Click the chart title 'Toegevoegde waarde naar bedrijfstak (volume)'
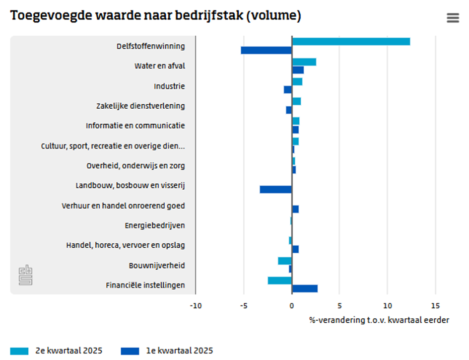155,16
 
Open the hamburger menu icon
453,18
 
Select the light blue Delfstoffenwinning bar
351,42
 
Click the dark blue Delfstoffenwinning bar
266,50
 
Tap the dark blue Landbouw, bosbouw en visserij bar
275,189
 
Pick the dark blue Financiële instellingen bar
305,288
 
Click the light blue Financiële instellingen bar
279,281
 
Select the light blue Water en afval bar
304,62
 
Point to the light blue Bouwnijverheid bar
285,261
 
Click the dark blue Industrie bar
288,89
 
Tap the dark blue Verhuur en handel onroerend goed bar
295,209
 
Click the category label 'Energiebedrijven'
155,225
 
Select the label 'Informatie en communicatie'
135,126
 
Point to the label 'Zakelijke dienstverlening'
140,106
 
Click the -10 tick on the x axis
196,305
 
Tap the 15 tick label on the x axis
435,305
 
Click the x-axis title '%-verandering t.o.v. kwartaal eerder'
379,320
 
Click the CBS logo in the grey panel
26,276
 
